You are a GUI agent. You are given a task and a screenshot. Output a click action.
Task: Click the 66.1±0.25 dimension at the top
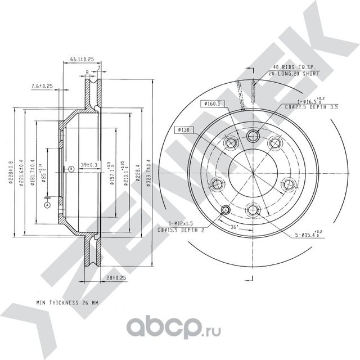tap(82, 58)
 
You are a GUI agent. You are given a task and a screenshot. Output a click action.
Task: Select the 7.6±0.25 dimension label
tap(40, 86)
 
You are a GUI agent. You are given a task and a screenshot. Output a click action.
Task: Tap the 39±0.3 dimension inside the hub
tap(89, 165)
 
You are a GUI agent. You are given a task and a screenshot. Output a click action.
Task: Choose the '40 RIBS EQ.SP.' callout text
tap(293, 67)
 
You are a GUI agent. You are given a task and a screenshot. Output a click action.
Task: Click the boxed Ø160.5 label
tap(210, 103)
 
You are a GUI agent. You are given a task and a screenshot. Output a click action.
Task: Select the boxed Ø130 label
tap(184, 129)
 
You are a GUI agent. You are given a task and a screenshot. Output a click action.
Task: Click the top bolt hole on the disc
tap(253, 135)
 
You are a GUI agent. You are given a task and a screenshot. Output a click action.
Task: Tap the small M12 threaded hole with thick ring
tap(226, 210)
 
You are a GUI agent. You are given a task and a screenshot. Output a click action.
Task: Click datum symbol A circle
tap(47, 206)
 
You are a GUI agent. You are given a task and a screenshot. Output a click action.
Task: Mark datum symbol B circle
tap(71, 169)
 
